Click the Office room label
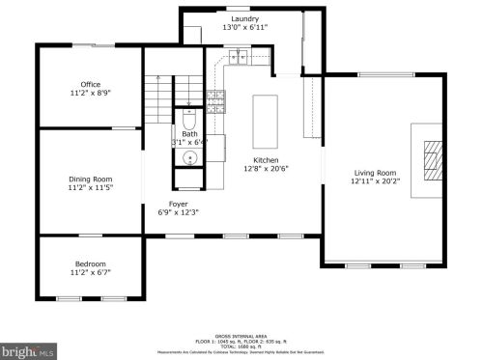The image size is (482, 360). coord(91,84)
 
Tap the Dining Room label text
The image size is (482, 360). coord(90,179)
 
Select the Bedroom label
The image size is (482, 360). coord(91,264)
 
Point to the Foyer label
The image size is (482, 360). coord(179,204)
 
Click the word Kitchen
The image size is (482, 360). coord(266,159)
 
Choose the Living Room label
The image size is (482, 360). coord(374,173)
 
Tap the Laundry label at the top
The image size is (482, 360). coord(245,18)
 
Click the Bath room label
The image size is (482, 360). coord(189,134)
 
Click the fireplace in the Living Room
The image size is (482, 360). coord(431,158)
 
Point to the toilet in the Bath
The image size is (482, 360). coord(189,121)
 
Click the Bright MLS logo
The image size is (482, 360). coord(28,351)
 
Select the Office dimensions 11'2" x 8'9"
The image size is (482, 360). coord(91,94)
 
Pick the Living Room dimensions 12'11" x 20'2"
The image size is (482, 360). coord(374,182)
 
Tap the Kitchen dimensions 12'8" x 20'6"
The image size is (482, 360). coord(266,169)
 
